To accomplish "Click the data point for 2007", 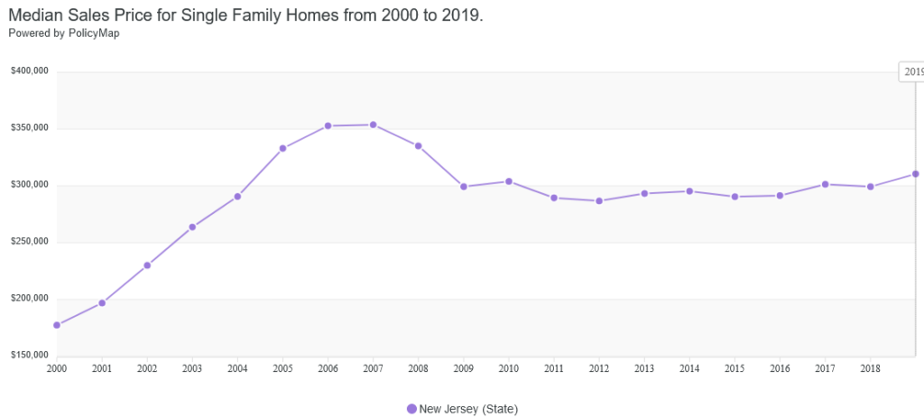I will (373, 125).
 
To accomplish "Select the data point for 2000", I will (57, 325).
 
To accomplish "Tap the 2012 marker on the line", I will (599, 200).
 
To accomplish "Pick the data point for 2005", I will (282, 148).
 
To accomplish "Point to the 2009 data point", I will (464, 187).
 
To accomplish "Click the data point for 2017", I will (825, 184).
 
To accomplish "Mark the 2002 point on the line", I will (147, 265).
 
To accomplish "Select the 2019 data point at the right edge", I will (915, 173).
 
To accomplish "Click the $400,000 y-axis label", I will (30, 71).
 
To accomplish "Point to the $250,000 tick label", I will (30, 242).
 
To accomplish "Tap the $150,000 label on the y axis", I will (30, 356).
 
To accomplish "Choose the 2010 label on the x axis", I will (508, 369).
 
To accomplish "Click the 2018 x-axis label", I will (870, 369).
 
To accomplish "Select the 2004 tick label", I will (237, 369).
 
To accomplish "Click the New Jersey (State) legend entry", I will (468, 409).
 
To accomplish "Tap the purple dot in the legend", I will (412, 409).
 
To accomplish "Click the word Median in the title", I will (36, 16).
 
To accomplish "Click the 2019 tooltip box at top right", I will (911, 71).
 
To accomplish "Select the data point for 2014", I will (689, 190).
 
